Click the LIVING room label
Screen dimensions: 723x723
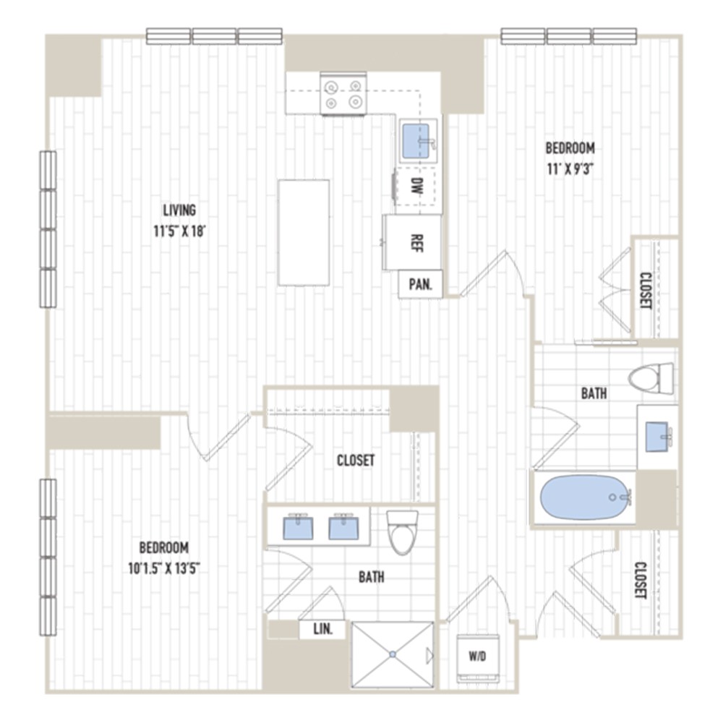click(179, 210)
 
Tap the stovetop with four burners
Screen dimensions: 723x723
click(343, 95)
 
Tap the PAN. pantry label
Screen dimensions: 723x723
click(420, 284)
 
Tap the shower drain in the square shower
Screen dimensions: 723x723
click(393, 654)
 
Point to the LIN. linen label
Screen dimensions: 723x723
click(322, 630)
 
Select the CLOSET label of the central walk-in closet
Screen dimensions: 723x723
click(356, 460)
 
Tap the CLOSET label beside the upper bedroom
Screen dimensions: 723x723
click(646, 290)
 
